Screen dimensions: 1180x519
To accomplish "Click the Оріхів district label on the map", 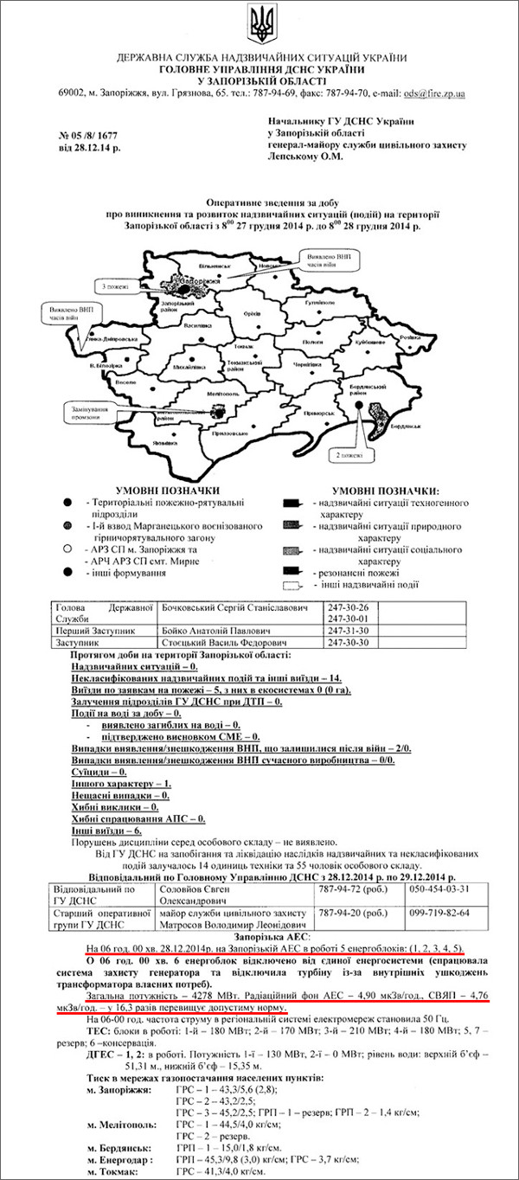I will tap(252, 314).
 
